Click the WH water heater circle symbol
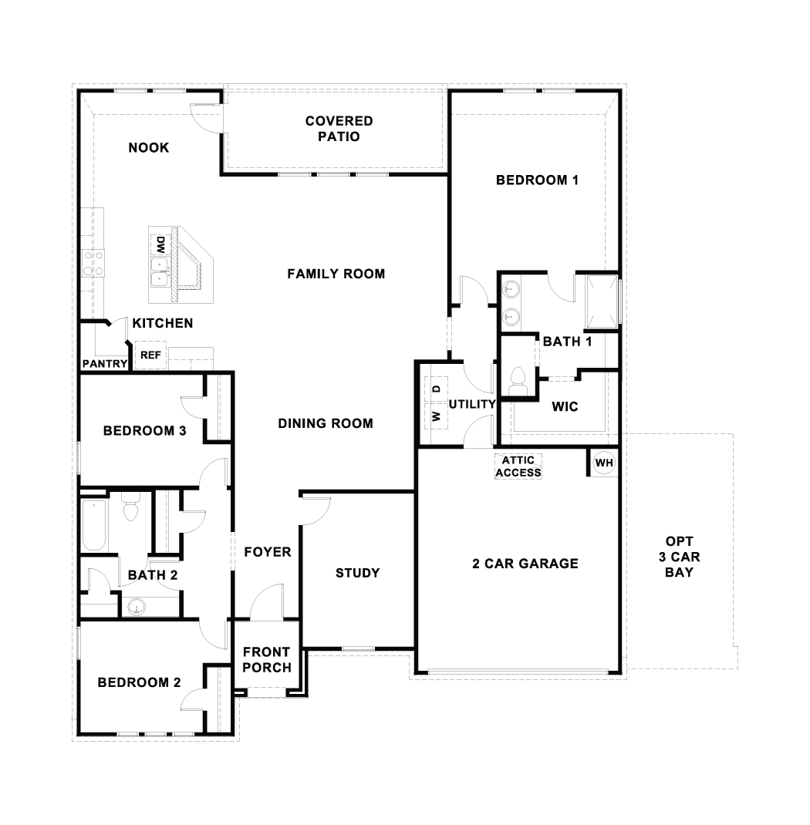coord(604,463)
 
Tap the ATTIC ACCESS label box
coord(518,466)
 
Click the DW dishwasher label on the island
coord(160,245)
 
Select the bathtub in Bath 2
coord(94,526)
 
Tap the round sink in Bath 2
coord(137,608)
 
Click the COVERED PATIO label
coord(339,129)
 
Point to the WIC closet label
coord(565,406)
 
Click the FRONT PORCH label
coord(267,660)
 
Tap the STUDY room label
coord(357,573)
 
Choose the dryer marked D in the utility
coord(436,390)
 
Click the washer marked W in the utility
coord(436,417)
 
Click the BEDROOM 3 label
coord(144,431)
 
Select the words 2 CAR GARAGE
coord(525,564)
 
